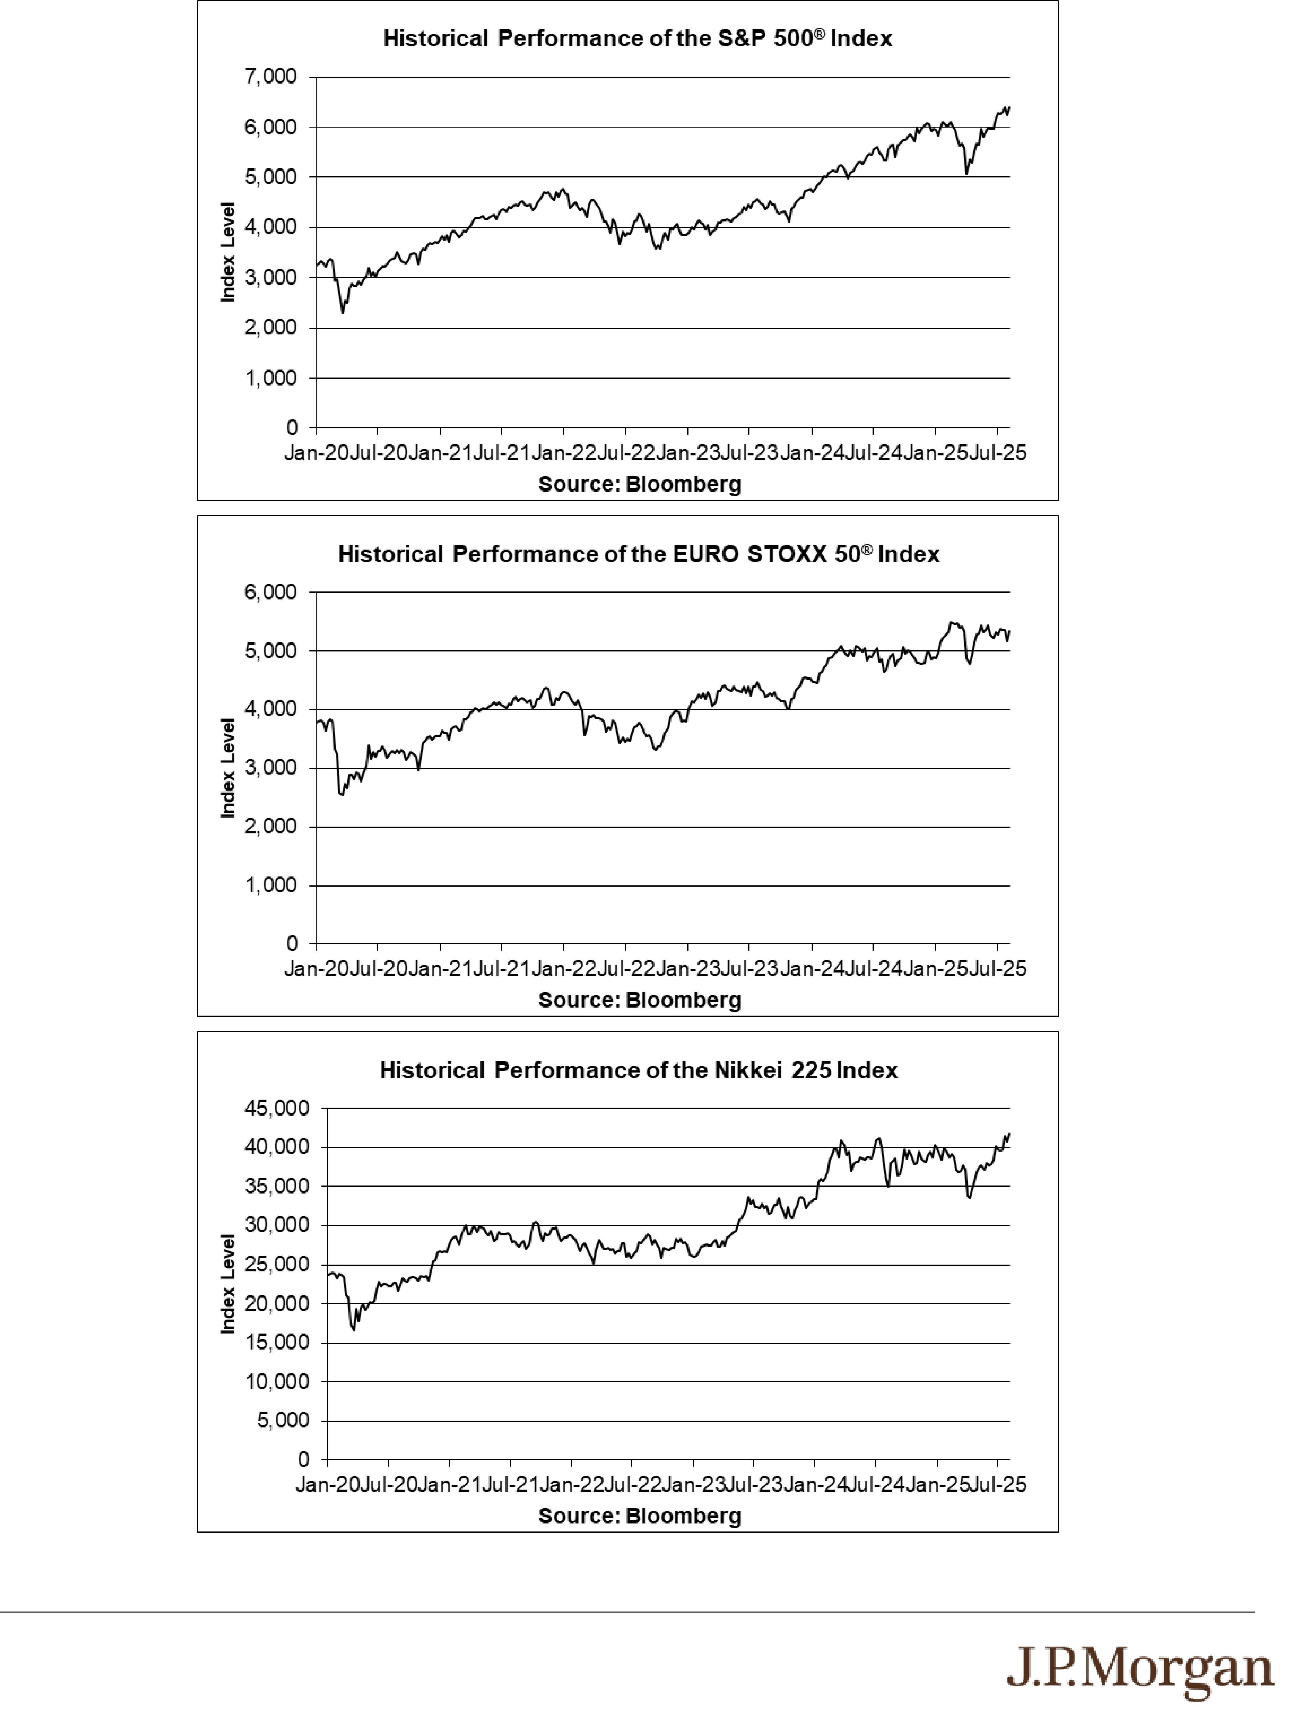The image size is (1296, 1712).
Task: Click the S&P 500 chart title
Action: click(x=637, y=39)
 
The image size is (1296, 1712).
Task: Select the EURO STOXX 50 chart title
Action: click(x=639, y=554)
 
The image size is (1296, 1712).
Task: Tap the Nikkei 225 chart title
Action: click(x=639, y=1070)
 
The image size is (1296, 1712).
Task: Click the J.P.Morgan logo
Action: click(x=1140, y=1669)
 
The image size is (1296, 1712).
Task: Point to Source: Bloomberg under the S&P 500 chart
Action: click(x=640, y=485)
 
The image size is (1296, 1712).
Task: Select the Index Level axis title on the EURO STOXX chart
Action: click(x=228, y=768)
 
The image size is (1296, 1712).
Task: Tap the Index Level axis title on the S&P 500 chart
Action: click(x=228, y=252)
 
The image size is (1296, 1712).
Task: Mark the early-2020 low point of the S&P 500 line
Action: click(x=343, y=313)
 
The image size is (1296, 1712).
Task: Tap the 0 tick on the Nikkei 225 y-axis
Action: click(x=303, y=1460)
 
